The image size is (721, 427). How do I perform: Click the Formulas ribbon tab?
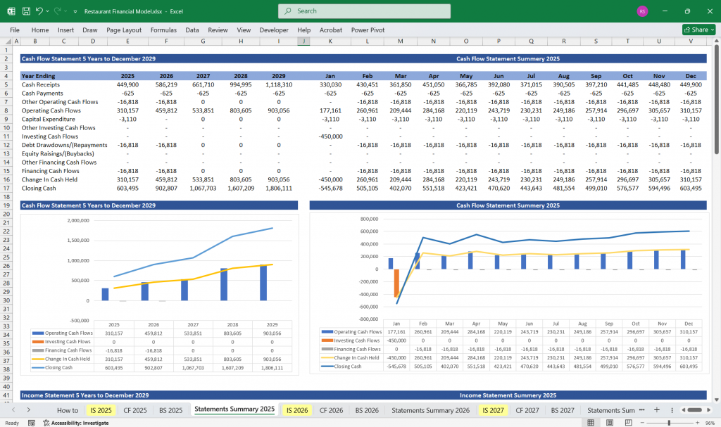point(163,30)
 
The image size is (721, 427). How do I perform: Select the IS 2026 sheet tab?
point(296,409)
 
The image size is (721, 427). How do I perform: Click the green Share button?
point(698,30)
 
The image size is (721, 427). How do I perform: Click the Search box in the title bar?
point(364,11)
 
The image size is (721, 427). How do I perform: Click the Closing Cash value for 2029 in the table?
point(279,188)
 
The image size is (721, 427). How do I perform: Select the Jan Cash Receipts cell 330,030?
point(330,84)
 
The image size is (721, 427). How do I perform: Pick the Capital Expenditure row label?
point(49,119)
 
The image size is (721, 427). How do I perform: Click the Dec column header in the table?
point(690,75)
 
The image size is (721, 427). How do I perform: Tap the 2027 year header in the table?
point(203,75)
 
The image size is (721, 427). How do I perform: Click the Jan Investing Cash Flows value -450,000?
point(330,136)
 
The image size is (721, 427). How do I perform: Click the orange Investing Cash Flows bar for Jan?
point(396,283)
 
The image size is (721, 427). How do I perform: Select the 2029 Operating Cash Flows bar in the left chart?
point(263,282)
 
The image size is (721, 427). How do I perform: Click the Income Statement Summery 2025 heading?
point(508,395)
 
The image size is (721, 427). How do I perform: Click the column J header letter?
point(302,42)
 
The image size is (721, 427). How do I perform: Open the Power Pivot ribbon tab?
point(368,30)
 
